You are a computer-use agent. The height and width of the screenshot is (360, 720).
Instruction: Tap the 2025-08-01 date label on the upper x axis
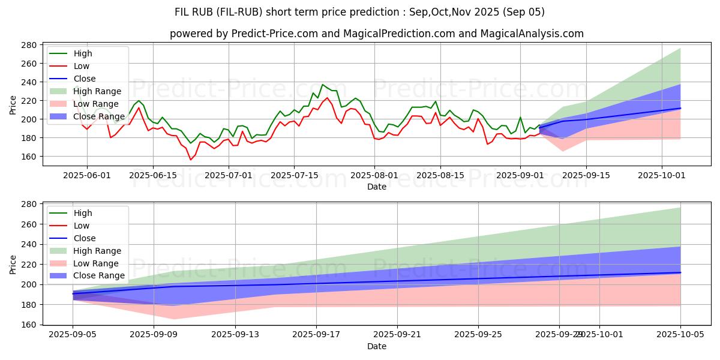click(x=374, y=175)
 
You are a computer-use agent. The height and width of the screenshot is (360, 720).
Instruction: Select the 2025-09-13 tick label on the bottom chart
click(x=235, y=335)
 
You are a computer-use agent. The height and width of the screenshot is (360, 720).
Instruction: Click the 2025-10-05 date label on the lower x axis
click(x=680, y=335)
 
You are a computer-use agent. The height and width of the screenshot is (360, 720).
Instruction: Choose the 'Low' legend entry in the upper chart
click(x=82, y=66)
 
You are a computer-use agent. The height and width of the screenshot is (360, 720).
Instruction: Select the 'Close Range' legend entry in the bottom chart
click(x=98, y=276)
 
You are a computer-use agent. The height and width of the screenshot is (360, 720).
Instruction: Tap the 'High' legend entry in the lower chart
click(x=82, y=213)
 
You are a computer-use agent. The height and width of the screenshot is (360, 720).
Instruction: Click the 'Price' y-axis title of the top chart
click(x=13, y=104)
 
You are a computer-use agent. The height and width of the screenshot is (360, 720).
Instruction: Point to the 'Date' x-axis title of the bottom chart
click(x=377, y=346)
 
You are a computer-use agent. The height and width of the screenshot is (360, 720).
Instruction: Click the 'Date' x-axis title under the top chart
click(x=377, y=187)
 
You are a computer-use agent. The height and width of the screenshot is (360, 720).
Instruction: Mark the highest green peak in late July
click(x=322, y=85)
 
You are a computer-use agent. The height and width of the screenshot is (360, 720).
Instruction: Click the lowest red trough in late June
click(x=191, y=160)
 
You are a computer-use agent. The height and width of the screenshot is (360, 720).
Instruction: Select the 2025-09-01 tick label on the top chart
click(x=520, y=175)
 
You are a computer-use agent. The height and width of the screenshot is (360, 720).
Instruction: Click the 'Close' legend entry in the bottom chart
click(x=84, y=238)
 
